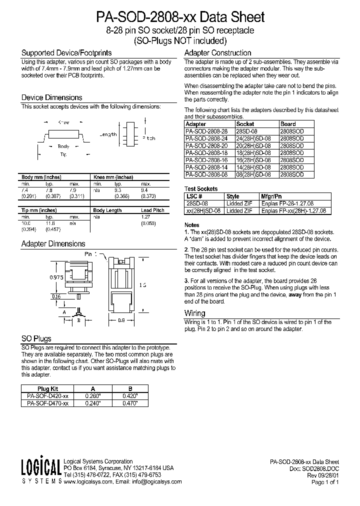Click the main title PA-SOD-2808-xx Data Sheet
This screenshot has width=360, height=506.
pyautogui.click(x=180, y=17)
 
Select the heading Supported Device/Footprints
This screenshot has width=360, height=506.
pyautogui.click(x=66, y=52)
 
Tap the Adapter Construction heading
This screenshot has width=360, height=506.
pyautogui.click(x=217, y=52)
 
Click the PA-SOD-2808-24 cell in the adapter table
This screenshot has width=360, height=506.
pyautogui.click(x=206, y=138)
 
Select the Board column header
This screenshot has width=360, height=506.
pyautogui.click(x=288, y=123)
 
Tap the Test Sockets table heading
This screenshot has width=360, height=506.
pyautogui.click(x=201, y=189)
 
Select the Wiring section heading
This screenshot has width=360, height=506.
pyautogui.click(x=195, y=313)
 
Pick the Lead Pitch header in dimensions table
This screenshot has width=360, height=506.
pyautogui.click(x=152, y=210)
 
